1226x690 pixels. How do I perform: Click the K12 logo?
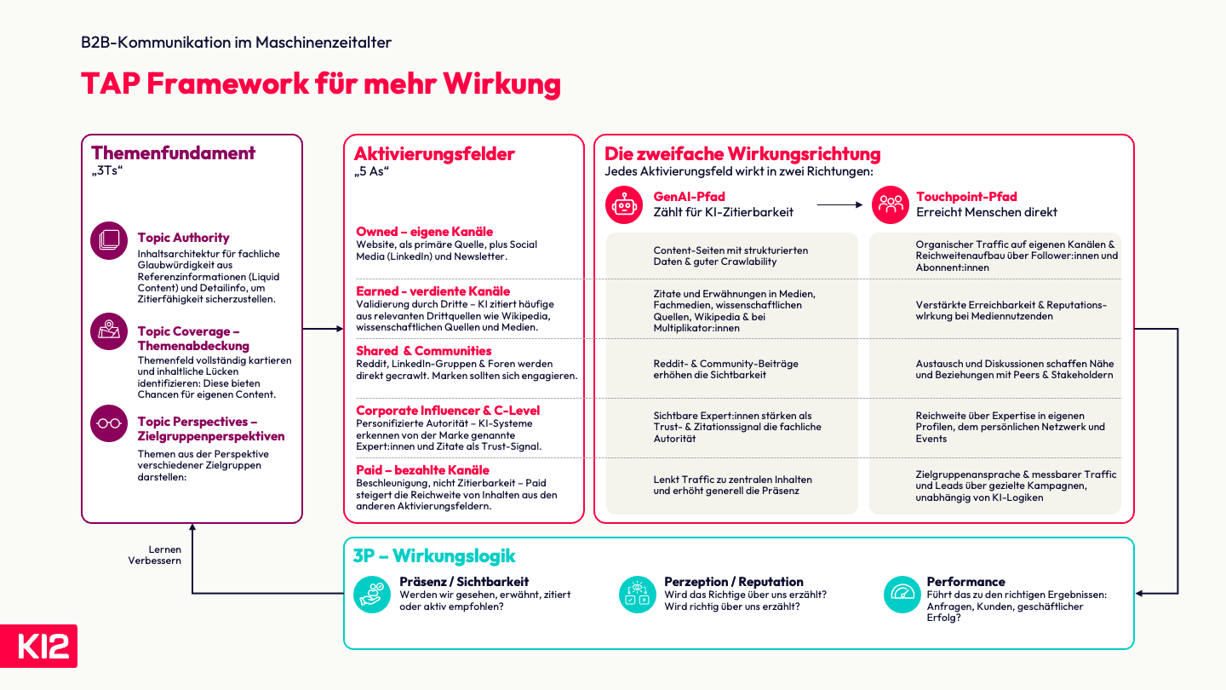coord(38,646)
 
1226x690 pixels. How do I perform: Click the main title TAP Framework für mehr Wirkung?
coord(321,83)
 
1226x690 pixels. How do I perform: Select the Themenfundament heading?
coord(173,152)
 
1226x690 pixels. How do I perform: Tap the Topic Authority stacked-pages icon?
coord(109,240)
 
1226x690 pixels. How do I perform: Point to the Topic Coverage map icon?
coord(109,331)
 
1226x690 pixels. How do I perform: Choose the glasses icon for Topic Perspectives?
coord(109,423)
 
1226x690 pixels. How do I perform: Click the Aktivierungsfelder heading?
coord(434,154)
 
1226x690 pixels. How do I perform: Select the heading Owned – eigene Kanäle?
coord(424,231)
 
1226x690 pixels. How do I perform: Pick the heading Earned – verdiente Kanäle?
coord(433,290)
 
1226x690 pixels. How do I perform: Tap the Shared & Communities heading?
coord(424,350)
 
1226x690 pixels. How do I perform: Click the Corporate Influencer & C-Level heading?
coord(448,411)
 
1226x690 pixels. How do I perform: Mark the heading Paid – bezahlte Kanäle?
coord(422,470)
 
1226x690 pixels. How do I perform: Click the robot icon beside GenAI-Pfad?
coord(624,204)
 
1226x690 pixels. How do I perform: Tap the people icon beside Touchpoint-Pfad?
coord(891,204)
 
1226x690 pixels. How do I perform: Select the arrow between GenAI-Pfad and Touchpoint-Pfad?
coord(839,204)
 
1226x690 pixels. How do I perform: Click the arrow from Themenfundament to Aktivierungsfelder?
coord(323,329)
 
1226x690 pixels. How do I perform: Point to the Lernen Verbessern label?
coord(155,555)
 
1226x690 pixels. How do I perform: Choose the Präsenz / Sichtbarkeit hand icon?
coord(372,595)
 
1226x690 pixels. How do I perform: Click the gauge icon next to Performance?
coord(902,595)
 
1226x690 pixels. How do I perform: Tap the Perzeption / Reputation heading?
coord(733,582)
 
